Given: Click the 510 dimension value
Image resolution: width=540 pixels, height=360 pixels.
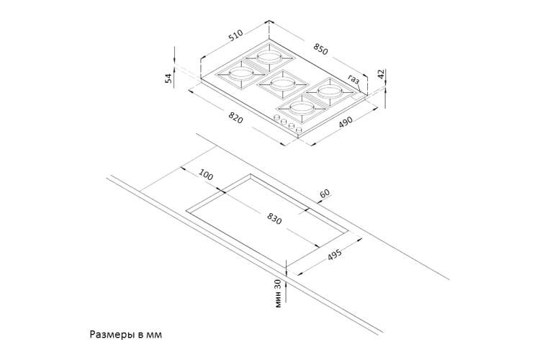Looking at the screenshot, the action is point(236,35).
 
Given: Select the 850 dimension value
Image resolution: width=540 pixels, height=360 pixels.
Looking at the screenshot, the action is point(320,49).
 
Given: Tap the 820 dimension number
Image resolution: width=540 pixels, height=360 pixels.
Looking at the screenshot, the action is point(236,118).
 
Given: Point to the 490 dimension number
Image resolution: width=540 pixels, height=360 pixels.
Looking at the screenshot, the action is point(346,122).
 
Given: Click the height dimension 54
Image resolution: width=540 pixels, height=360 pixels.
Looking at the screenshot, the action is point(168,78).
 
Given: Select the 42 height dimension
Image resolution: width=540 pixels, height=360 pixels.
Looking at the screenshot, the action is point(381,74).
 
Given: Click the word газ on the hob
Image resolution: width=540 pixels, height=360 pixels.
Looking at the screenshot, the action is point(354,79).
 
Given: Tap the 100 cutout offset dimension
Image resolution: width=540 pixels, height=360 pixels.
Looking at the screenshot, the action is point(207,176).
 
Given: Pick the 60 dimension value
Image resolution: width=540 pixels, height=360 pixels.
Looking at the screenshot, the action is point(325,193).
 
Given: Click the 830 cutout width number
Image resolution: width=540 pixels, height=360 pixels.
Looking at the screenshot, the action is point(274,219).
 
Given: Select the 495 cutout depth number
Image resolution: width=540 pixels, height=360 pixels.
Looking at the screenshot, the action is point(334,255).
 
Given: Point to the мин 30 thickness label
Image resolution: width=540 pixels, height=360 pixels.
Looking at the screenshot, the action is point(278,293).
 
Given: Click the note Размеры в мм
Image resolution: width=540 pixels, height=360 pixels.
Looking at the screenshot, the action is point(126,335).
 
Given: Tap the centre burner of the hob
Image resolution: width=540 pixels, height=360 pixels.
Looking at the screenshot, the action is point(282,83).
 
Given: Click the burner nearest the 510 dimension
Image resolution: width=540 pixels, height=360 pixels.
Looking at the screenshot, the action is point(269,57).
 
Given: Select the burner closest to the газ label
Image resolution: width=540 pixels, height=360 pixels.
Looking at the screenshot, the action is point(330,92).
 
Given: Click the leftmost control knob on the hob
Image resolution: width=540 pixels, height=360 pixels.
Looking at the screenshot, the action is point(276,117).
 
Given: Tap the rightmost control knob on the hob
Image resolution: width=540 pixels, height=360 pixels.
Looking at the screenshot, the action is point(299,130).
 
